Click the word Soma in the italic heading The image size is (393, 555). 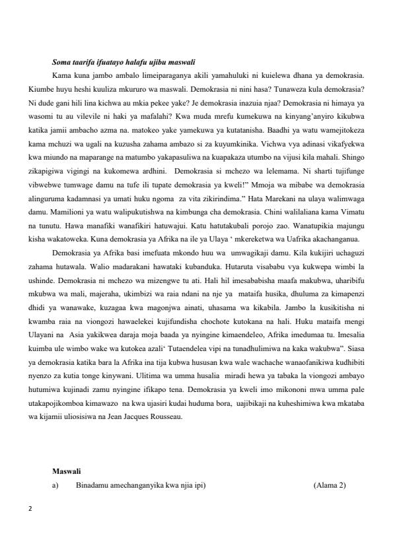[61, 63]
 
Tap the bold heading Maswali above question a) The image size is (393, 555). [66, 471]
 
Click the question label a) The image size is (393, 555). [55, 486]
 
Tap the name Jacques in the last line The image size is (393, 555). [139, 417]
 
